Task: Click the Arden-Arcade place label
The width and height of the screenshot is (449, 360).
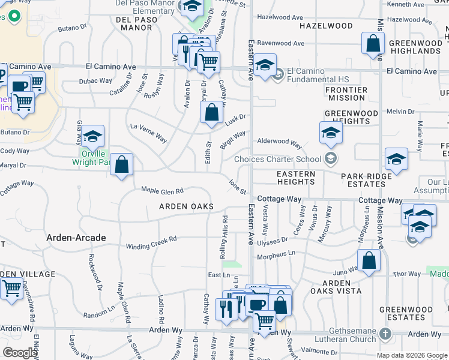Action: [76, 238]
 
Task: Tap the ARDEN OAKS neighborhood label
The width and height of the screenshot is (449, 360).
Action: [186, 206]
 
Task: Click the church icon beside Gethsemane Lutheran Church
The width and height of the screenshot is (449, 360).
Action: [385, 333]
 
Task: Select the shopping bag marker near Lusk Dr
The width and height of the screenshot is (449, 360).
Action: [211, 112]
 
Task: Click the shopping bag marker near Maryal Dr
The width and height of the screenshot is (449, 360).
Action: [121, 164]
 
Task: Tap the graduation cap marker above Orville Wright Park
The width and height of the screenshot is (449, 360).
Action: [92, 136]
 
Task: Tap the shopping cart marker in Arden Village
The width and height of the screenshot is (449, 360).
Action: [12, 289]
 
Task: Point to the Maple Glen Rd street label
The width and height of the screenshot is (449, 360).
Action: [161, 190]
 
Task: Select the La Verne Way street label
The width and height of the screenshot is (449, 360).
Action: [149, 133]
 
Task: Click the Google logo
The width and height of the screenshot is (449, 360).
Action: [20, 353]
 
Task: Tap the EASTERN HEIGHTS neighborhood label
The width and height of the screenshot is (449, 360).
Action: [296, 178]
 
